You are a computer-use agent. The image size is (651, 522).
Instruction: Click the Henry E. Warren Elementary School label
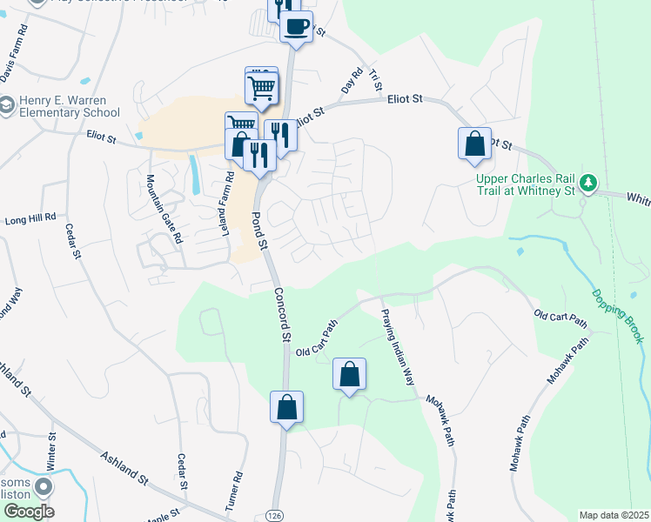[66, 106]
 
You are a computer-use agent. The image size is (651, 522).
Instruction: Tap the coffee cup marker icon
[296, 26]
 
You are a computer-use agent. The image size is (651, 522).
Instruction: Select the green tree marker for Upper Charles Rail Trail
[590, 183]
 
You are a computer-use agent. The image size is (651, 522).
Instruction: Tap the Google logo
[29, 512]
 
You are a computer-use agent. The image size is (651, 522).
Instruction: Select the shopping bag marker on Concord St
[287, 407]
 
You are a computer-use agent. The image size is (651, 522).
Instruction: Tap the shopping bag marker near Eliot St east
[474, 143]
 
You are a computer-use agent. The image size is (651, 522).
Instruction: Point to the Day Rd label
[352, 83]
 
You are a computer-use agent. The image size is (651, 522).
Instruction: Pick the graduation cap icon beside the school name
[7, 106]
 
